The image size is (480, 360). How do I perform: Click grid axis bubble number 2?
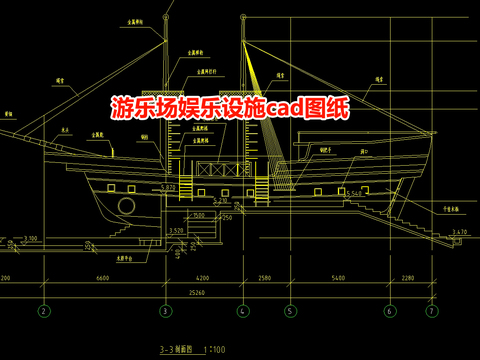point(43,311)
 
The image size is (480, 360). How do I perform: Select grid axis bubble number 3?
point(164,311)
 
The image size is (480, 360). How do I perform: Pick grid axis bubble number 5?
point(290,311)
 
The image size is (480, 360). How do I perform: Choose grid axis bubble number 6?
point(389,311)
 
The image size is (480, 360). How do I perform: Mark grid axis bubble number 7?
point(431,311)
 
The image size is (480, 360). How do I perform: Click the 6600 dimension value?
point(103,277)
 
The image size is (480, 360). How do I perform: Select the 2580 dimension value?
point(265,277)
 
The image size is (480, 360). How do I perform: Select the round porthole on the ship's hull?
point(127,206)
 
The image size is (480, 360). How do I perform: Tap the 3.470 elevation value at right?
point(459,232)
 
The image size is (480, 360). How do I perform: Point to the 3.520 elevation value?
point(176,231)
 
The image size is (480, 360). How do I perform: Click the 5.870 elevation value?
point(168,187)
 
